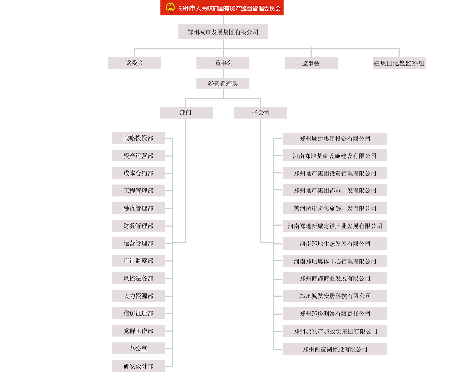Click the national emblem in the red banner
(x=170, y=8)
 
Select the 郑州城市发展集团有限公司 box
(x=223, y=32)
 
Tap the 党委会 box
(x=134, y=63)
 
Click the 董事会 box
(x=223, y=63)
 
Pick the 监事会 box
(x=311, y=63)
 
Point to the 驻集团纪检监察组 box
(x=399, y=63)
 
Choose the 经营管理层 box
(x=223, y=84)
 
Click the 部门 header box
(x=186, y=113)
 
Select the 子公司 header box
(x=260, y=113)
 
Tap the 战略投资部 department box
(x=138, y=138)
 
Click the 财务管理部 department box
(x=138, y=226)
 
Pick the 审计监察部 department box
(x=138, y=261)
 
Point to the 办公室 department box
(x=138, y=348)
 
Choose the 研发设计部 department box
(x=138, y=366)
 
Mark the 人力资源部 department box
(x=138, y=296)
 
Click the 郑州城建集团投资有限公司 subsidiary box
(x=335, y=139)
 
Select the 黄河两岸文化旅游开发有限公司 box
(x=335, y=208)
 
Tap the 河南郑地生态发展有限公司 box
(x=335, y=244)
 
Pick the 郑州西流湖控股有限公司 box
(x=335, y=349)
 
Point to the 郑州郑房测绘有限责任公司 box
(x=335, y=314)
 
